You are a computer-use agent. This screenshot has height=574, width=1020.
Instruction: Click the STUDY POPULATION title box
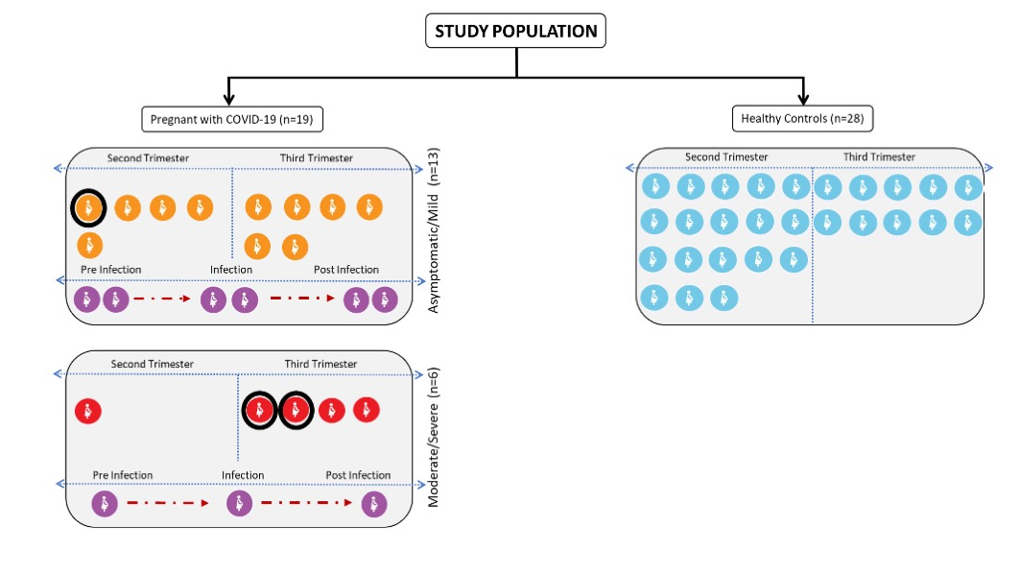(x=515, y=31)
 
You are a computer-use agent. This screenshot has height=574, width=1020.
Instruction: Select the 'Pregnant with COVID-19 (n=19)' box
(x=232, y=119)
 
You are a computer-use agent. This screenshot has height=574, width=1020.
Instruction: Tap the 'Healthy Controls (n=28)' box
(x=803, y=118)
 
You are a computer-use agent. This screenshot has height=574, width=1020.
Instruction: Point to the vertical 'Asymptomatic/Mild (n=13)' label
(x=434, y=230)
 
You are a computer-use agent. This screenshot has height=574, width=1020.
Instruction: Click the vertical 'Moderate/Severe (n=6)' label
(x=434, y=438)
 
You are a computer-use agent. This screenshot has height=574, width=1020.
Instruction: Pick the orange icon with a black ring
(x=88, y=208)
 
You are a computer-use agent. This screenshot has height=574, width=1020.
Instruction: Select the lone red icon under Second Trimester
(x=88, y=411)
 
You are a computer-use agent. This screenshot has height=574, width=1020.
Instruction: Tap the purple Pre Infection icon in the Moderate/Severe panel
(x=105, y=504)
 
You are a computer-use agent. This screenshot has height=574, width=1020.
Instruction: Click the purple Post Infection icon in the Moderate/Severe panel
(x=374, y=504)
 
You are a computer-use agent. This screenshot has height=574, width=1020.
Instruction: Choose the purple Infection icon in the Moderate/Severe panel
(x=239, y=504)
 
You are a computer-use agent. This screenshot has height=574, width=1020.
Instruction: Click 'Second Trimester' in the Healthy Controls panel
(x=726, y=156)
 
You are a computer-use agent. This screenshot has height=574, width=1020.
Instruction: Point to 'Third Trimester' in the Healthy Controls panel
(x=879, y=156)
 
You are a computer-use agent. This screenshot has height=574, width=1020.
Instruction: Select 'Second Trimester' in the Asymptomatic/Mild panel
(x=148, y=158)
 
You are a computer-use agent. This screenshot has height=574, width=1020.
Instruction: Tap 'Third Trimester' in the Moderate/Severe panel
(x=320, y=364)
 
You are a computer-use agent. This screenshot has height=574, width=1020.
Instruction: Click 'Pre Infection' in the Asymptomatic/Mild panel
(x=110, y=270)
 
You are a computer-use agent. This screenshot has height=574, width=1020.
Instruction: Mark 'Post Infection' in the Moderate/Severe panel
(x=358, y=475)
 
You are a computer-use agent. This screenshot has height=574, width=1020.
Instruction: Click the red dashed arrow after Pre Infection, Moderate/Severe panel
(x=168, y=502)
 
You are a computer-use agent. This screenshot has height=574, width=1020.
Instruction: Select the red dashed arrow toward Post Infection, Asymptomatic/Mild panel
(x=302, y=299)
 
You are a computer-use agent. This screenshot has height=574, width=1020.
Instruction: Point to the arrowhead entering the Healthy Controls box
(x=803, y=100)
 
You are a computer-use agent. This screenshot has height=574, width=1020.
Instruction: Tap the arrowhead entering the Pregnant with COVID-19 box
(x=228, y=100)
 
